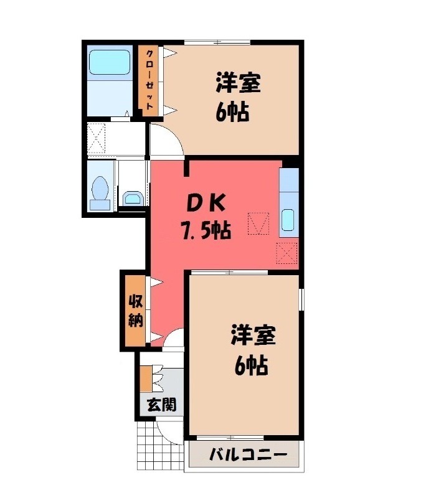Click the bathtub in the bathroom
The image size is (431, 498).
pyautogui.click(x=110, y=63)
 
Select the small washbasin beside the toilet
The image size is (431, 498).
pyautogui.click(x=133, y=199)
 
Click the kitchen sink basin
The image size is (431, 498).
pyautogui.click(x=288, y=220)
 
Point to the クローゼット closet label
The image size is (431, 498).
pyautogui.click(x=149, y=80)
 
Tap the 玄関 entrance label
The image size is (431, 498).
pyautogui.click(x=161, y=405)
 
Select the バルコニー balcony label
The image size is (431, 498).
pyautogui.click(x=249, y=455)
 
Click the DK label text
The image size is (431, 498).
pyautogui.click(x=206, y=204)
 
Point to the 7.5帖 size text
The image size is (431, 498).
pyautogui.click(x=206, y=230)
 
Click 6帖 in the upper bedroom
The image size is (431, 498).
pyautogui.click(x=232, y=112)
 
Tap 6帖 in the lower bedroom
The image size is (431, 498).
pyautogui.click(x=251, y=366)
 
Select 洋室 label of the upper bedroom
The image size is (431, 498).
pyautogui.click(x=239, y=83)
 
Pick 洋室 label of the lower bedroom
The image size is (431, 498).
pyautogui.click(x=253, y=335)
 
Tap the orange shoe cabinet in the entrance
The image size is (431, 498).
pyautogui.click(x=146, y=379)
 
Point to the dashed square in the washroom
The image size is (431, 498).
pyautogui.click(x=96, y=138)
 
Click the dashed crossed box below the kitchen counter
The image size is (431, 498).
pyautogui.click(x=287, y=253)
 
